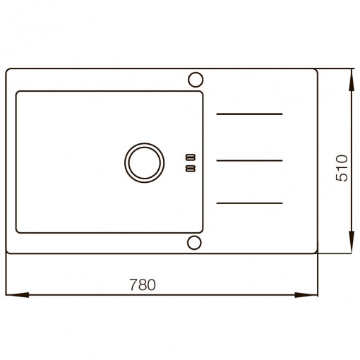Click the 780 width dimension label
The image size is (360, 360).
(143, 284)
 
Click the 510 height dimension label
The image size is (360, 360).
(342, 168)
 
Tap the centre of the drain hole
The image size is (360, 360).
(145, 163)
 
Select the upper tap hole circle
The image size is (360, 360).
(196, 80)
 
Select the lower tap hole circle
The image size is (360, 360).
(194, 242)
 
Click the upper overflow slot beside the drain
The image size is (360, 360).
(191, 157)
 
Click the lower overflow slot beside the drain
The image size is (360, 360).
(191, 169)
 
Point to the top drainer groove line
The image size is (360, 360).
(249, 114)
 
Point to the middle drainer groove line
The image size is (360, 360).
(249, 160)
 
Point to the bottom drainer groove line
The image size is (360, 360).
(249, 203)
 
